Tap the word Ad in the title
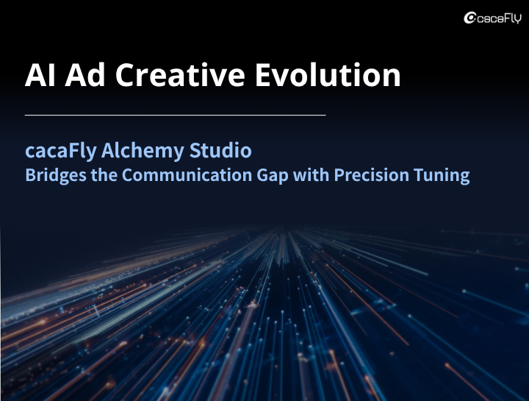tap(85, 74)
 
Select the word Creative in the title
tap(180, 74)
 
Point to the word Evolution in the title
tap(328, 74)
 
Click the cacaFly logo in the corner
tap(492, 18)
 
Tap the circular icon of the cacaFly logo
tap(469, 18)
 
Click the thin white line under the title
tap(175, 116)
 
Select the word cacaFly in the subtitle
tap(61, 152)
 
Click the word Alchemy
tap(143, 152)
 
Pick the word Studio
tap(220, 150)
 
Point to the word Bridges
tap(56, 176)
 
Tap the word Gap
tap(273, 176)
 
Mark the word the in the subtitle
tap(104, 175)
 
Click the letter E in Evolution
tap(263, 75)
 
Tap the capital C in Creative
tap(126, 75)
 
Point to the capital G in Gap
tap(263, 175)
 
